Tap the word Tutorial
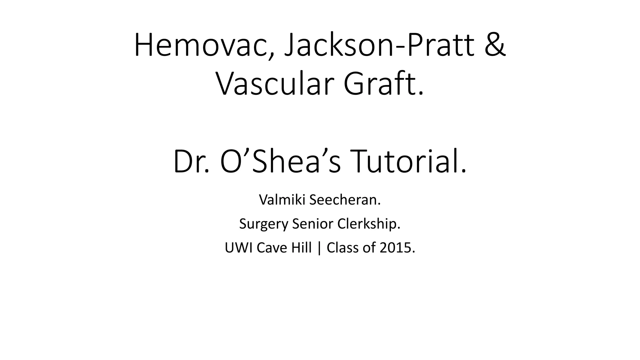pos(409,162)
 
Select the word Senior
pos(311,224)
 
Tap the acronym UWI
pos(238,248)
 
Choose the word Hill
pos(301,248)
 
